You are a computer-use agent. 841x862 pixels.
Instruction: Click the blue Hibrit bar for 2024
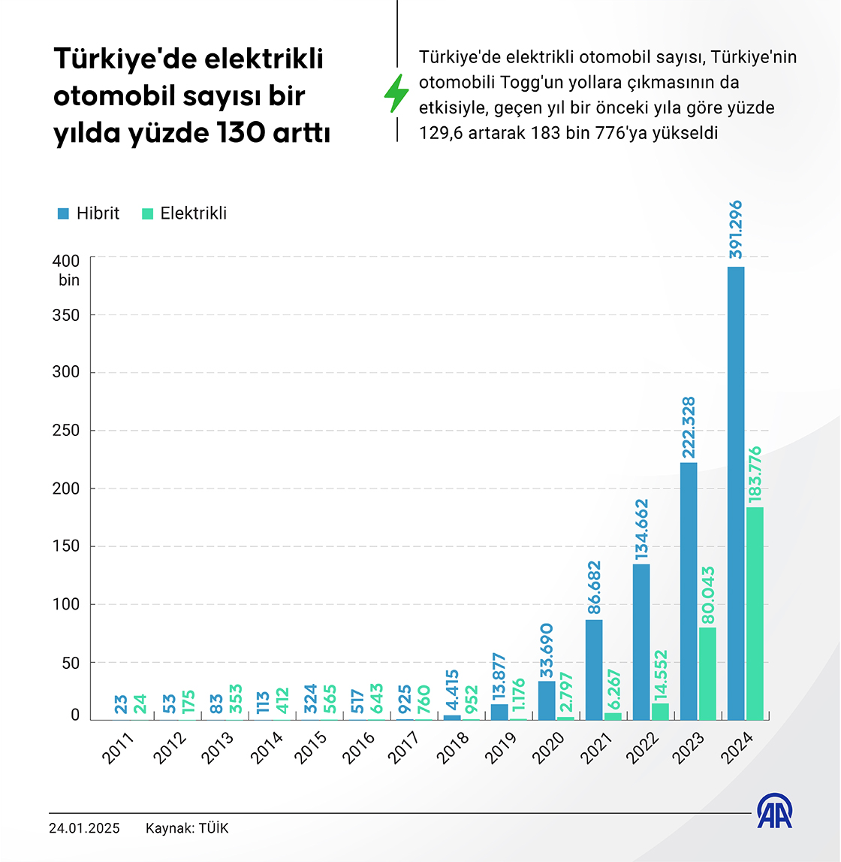point(736,493)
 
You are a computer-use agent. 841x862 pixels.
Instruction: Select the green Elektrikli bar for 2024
point(755,613)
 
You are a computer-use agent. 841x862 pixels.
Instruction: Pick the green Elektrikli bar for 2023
point(707,673)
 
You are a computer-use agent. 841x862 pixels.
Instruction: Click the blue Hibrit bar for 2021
point(594,670)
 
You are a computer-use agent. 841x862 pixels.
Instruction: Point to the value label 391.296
point(736,229)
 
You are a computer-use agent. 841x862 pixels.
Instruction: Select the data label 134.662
point(641,529)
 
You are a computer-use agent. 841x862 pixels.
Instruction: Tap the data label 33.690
point(547,649)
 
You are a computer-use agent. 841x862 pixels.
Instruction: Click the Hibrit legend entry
point(89,213)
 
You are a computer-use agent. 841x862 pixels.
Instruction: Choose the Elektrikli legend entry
point(184,213)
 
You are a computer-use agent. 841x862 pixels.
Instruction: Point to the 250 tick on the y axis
point(66,431)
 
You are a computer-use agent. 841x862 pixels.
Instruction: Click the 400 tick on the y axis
point(66,261)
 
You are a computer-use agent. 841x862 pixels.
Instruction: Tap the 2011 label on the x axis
point(119,749)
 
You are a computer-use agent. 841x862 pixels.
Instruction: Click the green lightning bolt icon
point(396,94)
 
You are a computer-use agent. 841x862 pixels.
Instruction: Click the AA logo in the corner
point(774,812)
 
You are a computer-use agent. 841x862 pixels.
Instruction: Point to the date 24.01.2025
point(84,829)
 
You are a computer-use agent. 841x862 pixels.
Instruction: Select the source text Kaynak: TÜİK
point(187,829)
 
